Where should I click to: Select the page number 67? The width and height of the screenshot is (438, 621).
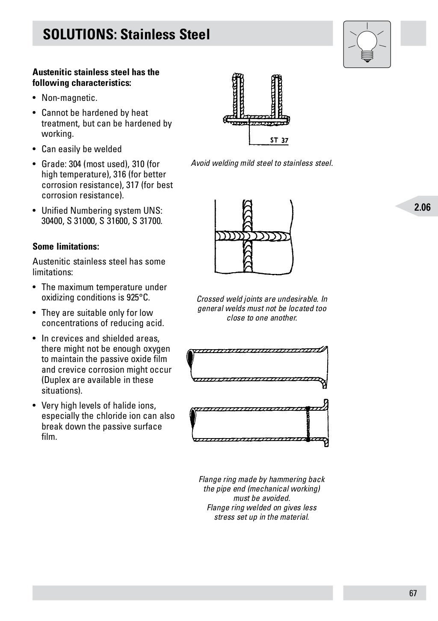[x=413, y=593]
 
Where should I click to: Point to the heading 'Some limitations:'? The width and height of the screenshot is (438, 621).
[x=66, y=247]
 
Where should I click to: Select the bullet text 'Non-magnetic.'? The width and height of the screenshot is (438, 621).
[x=69, y=98]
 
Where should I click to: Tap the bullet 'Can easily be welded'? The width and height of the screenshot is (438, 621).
[x=81, y=149]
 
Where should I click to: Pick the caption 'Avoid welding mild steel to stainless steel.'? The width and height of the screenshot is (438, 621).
[x=262, y=163]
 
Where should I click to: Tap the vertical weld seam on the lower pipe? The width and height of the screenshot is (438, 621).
[x=308, y=423]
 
